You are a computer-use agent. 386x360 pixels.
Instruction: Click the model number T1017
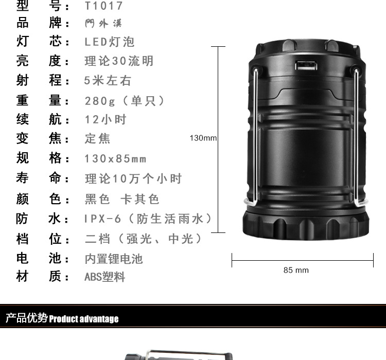pos(104,6)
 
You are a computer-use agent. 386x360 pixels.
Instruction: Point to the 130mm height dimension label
pos(203,138)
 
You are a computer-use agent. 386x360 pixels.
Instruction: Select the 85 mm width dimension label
pos(296,270)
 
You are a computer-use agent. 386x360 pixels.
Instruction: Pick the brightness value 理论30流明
pos(119,61)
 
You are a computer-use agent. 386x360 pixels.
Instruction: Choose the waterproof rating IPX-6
pos(103,219)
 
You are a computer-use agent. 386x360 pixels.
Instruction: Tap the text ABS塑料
pos(104,277)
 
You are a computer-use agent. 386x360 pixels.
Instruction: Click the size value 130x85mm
pos(115,159)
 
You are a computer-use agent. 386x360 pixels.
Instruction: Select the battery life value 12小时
pos(106,120)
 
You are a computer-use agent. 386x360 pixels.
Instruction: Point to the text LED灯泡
pos(109,42)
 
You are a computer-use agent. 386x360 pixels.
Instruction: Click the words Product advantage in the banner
pos(84,319)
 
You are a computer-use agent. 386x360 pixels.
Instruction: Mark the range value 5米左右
pos(108,81)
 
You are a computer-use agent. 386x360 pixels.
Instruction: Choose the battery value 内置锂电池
pos(113,258)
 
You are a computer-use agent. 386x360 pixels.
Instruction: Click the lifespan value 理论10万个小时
pos(133,179)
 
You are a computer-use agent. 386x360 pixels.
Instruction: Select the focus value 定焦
pos(97,139)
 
